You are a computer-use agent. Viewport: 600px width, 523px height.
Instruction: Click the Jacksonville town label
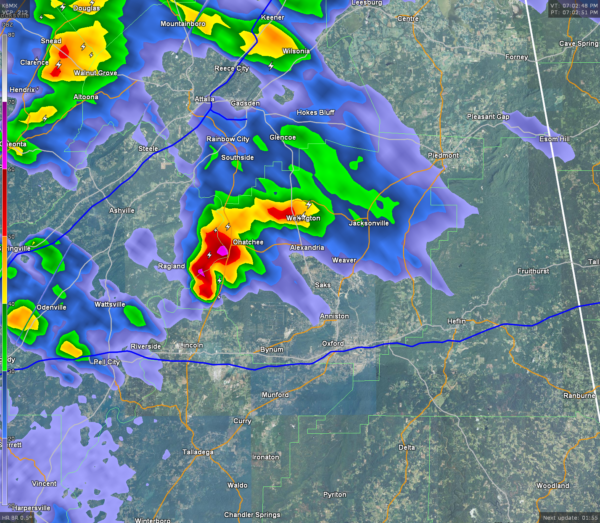(x=369, y=223)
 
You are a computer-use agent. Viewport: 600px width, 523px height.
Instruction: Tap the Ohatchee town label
(x=247, y=241)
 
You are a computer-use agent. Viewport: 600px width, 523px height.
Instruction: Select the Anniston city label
(x=333, y=316)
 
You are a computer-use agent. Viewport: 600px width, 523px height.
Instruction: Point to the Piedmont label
(x=442, y=156)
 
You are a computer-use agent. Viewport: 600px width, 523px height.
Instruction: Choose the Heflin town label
(x=458, y=320)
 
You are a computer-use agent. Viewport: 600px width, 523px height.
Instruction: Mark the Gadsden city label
(x=246, y=102)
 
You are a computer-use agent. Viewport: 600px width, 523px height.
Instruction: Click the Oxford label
(x=333, y=342)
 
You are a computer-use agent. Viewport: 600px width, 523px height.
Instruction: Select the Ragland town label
(x=172, y=267)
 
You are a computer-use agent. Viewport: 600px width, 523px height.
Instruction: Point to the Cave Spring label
(x=578, y=44)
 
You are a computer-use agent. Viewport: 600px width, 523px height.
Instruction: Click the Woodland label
(x=553, y=485)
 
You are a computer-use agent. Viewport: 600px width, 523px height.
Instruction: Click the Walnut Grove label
(x=95, y=72)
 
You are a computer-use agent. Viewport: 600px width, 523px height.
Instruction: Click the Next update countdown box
(x=568, y=517)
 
